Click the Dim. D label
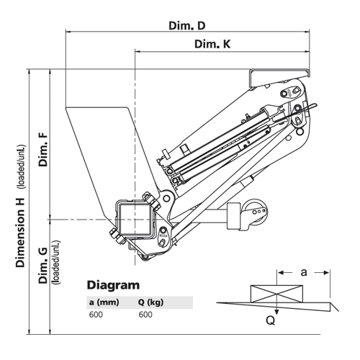click(187, 26)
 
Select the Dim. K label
click(212, 44)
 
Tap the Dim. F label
click(43, 149)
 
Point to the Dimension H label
click(20, 233)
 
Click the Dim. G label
click(43, 266)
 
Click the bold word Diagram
click(113, 285)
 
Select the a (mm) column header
click(104, 302)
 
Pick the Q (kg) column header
click(150, 302)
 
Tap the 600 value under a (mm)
click(96, 315)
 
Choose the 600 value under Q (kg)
click(145, 315)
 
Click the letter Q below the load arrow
click(271, 320)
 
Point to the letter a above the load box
click(304, 272)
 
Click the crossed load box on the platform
click(276, 294)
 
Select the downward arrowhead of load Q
click(276, 312)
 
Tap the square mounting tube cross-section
click(136, 217)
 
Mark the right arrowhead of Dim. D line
click(307, 32)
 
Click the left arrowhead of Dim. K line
click(138, 51)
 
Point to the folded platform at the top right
click(279, 77)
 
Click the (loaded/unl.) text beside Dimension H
click(20, 167)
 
